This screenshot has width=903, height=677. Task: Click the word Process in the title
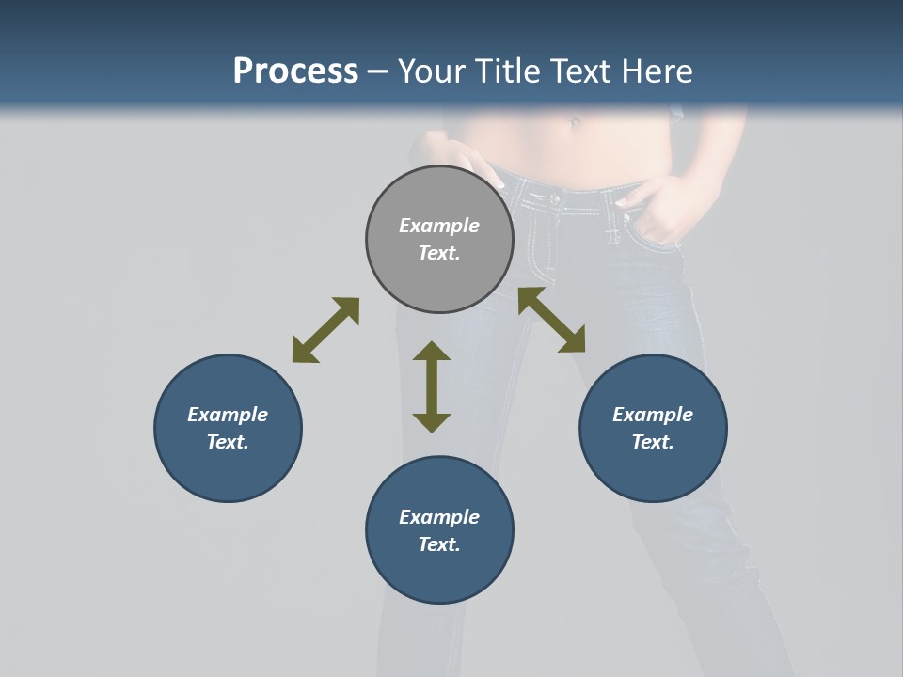[x=295, y=71]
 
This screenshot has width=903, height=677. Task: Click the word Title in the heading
[x=509, y=71]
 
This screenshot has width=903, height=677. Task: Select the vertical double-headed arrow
[x=432, y=386]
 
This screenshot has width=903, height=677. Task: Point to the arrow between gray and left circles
[x=325, y=330]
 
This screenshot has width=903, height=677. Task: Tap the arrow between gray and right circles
[x=551, y=320]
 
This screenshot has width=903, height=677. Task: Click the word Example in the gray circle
[x=439, y=226]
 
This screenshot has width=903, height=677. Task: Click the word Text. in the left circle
[x=228, y=442]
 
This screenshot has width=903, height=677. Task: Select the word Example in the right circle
[x=653, y=415]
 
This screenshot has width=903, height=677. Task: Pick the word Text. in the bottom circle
[x=439, y=544]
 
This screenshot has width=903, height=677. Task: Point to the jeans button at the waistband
[x=553, y=198]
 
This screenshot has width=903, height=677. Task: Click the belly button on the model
[x=574, y=121]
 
